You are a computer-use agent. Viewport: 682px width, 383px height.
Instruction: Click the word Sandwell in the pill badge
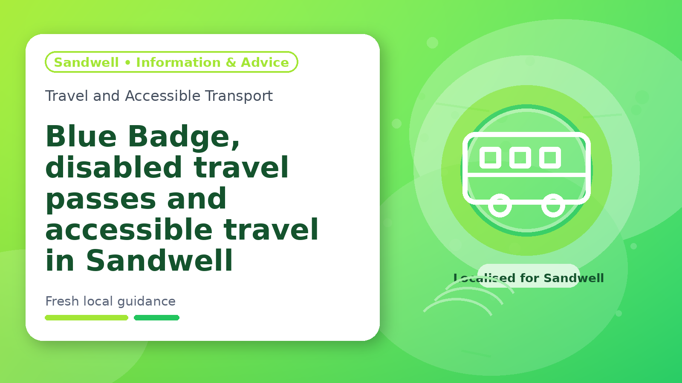coord(86,62)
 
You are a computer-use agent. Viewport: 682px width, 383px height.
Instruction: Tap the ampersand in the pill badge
coord(231,62)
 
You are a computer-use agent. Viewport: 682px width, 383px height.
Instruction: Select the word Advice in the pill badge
coord(265,62)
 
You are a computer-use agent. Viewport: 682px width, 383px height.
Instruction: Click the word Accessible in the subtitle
coord(162,96)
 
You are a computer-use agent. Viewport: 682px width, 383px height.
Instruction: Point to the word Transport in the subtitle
coord(239,96)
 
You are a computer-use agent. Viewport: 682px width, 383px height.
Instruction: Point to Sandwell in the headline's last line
coord(159,260)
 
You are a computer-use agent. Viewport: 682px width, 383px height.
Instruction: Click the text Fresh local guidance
coord(110,302)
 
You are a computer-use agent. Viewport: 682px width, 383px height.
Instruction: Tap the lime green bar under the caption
coord(87,317)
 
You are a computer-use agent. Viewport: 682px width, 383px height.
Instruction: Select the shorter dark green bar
coord(156,317)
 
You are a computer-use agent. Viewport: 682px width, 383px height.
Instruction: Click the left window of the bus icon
coord(490,157)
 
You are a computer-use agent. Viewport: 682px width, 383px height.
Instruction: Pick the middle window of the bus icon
coord(520,157)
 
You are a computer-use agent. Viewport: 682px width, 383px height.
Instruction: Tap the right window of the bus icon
coord(550,157)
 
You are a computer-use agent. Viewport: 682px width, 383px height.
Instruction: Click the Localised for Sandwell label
coord(529,278)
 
